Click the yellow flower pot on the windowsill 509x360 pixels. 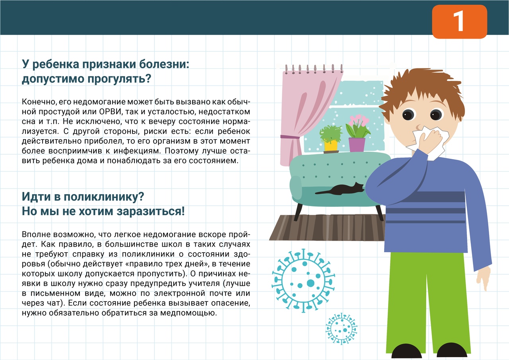pyautogui.click(x=331, y=145)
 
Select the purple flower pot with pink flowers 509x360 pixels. pyautogui.click(x=357, y=144)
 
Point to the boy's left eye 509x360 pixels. pyautogui.click(x=408, y=114)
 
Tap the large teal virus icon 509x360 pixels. pyautogui.click(x=303, y=281)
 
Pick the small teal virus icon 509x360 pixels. pyautogui.click(x=341, y=329)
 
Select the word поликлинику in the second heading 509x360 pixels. pyautogui.click(x=104, y=197)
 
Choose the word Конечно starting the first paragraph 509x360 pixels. pyautogui.click(x=39, y=102)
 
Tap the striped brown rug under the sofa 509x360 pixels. pyautogui.click(x=327, y=228)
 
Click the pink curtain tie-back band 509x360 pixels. pyautogui.click(x=290, y=137)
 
